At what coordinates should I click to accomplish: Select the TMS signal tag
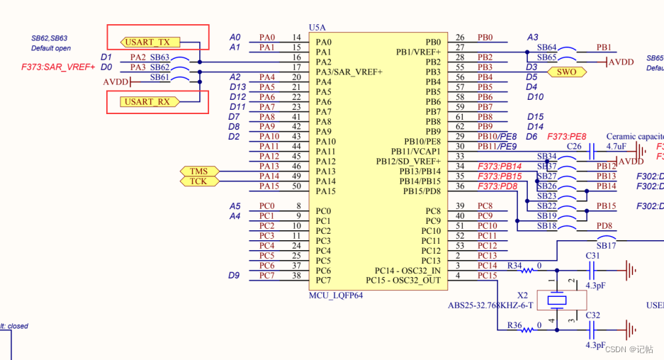point(198,171)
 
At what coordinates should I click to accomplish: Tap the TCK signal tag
point(198,181)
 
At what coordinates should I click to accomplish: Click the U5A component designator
point(317,28)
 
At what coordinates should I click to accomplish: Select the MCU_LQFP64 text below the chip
point(336,294)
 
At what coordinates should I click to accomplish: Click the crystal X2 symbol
point(559,300)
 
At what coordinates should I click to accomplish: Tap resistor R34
point(515,265)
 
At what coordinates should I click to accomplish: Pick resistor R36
point(515,325)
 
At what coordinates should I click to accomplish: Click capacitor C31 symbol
point(593,269)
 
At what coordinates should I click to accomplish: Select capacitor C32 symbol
point(593,329)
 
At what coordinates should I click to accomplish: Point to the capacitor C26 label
point(574,146)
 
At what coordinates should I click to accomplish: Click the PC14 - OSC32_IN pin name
point(407,271)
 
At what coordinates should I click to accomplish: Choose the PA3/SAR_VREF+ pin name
point(349,72)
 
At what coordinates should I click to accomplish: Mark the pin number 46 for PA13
point(297,166)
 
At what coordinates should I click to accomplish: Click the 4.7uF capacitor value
point(616,146)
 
